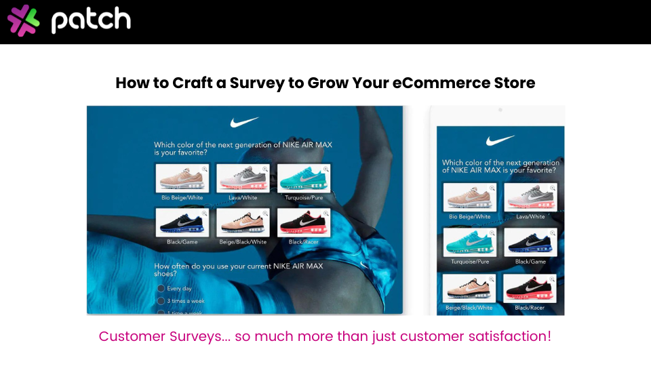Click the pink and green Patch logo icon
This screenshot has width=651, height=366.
(24, 20)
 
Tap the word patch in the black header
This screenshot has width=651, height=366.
(91, 20)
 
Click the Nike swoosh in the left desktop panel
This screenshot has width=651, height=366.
(244, 123)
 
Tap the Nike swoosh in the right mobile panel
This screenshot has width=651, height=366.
(500, 141)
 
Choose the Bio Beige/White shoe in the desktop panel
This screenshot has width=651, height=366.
(182, 178)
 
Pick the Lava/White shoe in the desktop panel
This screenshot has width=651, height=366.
(243, 178)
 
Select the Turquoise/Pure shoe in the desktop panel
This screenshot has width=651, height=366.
(304, 178)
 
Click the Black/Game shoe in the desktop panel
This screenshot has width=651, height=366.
(182, 222)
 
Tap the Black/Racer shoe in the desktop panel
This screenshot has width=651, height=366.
(304, 222)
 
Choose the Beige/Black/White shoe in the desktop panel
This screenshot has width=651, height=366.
(243, 222)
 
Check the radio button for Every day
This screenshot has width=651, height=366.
(161, 288)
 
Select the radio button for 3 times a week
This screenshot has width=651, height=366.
(161, 300)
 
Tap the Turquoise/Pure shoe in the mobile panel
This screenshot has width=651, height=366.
(469, 242)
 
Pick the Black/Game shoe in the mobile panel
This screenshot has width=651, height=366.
(530, 242)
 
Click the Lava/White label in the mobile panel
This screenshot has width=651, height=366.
(530, 217)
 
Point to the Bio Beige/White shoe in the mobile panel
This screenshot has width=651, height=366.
(469, 197)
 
